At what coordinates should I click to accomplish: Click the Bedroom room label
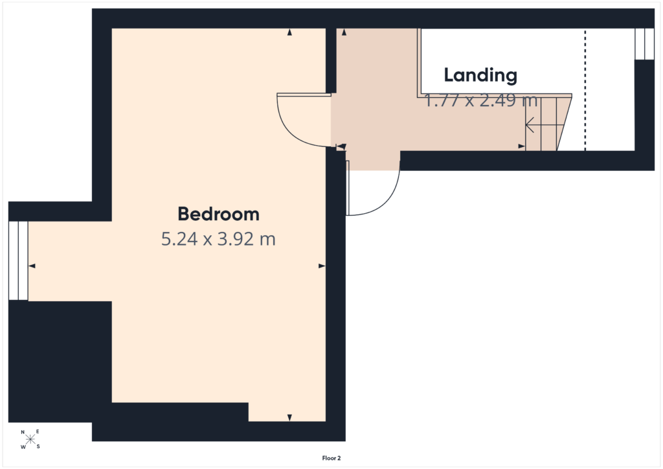[218, 214]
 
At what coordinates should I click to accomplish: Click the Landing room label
[480, 75]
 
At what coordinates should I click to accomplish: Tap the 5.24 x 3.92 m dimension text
[218, 239]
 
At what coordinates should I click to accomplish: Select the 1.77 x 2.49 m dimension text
[481, 100]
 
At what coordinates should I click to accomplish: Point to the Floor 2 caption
[331, 458]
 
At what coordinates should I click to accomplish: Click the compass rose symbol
[30, 439]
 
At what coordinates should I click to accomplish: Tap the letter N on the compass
[23, 432]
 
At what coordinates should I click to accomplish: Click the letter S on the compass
[38, 446]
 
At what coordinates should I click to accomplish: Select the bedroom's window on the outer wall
[18, 260]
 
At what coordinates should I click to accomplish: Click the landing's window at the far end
[644, 44]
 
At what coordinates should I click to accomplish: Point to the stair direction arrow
[545, 125]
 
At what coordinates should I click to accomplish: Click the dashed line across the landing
[585, 89]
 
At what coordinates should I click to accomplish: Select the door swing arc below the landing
[387, 200]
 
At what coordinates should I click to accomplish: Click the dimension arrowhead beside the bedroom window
[32, 266]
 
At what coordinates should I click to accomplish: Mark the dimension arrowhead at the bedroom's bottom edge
[289, 418]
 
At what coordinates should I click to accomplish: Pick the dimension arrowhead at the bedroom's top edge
[289, 32]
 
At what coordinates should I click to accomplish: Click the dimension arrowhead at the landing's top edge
[344, 32]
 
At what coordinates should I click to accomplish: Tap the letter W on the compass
[23, 447]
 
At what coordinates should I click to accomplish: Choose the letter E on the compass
[38, 432]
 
